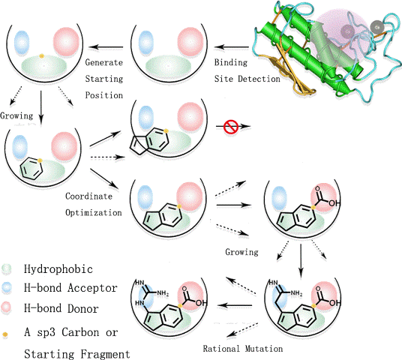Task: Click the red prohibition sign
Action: pyautogui.click(x=231, y=127)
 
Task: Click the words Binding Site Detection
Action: pyautogui.click(x=247, y=70)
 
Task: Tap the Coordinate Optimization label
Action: pyautogui.click(x=93, y=204)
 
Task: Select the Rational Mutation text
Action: pyautogui.click(x=243, y=349)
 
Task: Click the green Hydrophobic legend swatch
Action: pyautogui.click(x=7, y=269)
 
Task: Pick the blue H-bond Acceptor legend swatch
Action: pyautogui.click(x=7, y=287)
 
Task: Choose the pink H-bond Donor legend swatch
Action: pyautogui.click(x=7, y=307)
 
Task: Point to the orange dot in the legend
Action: pyautogui.click(x=5, y=334)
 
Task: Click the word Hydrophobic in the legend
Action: pyautogui.click(x=58, y=269)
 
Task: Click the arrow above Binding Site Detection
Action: pyautogui.click(x=231, y=47)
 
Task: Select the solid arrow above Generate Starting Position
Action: pyautogui.click(x=106, y=47)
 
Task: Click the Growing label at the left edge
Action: pyautogui.click(x=16, y=115)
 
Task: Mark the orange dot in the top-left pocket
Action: pyautogui.click(x=41, y=55)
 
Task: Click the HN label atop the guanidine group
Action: pyautogui.click(x=139, y=283)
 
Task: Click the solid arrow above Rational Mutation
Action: pyautogui.click(x=235, y=305)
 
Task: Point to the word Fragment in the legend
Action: pyautogui.click(x=105, y=354)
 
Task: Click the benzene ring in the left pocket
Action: pyautogui.click(x=31, y=169)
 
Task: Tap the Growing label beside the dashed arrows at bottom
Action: pyautogui.click(x=241, y=252)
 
